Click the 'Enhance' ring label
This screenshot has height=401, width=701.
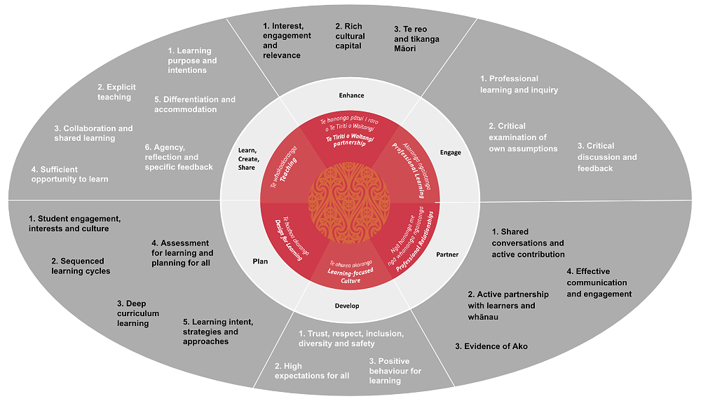pyautogui.click(x=351, y=95)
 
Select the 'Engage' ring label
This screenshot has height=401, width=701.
pyautogui.click(x=450, y=152)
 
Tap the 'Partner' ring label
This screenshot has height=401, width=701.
pyautogui.click(x=447, y=254)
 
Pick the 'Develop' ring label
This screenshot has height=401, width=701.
pyautogui.click(x=346, y=306)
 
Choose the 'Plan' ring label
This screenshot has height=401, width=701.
pyautogui.click(x=260, y=261)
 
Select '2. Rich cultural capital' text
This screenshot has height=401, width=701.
pyautogui.click(x=350, y=36)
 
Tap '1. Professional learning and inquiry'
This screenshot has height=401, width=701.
pyautogui.click(x=519, y=84)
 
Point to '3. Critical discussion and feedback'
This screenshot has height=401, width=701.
pyautogui.click(x=607, y=157)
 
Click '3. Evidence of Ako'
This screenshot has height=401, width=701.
pyautogui.click(x=491, y=346)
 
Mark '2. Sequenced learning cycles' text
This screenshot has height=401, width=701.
pyautogui.click(x=81, y=266)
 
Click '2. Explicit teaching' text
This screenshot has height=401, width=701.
pyautogui.click(x=116, y=92)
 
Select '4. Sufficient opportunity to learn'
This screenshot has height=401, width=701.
pyautogui.click(x=69, y=174)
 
